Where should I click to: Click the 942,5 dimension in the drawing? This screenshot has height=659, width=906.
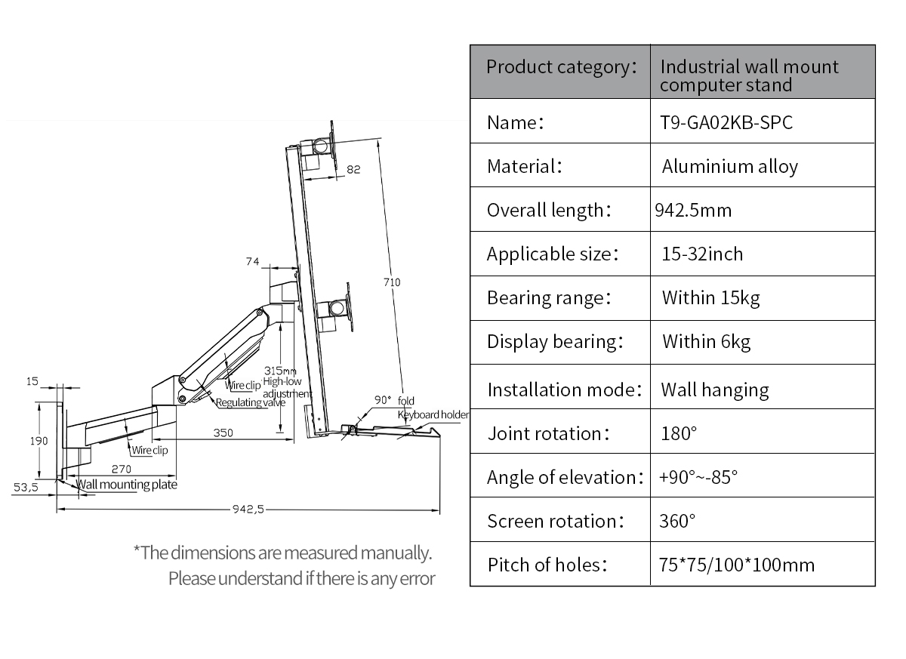click(x=248, y=509)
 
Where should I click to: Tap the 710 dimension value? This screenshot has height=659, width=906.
click(x=392, y=282)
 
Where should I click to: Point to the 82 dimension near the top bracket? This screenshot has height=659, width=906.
click(x=353, y=169)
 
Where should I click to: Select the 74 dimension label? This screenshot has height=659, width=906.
click(x=253, y=262)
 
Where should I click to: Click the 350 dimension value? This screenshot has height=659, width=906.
click(x=223, y=433)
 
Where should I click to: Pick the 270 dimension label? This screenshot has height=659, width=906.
click(x=122, y=469)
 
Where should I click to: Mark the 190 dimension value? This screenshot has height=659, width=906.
click(x=39, y=441)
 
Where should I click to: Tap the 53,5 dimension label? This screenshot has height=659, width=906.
click(x=26, y=487)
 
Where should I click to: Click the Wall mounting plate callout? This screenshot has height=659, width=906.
click(x=127, y=485)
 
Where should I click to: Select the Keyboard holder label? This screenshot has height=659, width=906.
click(x=433, y=415)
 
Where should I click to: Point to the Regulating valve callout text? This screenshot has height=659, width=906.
click(x=251, y=402)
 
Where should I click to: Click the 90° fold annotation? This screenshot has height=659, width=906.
click(x=394, y=400)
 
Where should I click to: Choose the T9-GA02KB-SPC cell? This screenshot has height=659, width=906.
click(x=726, y=122)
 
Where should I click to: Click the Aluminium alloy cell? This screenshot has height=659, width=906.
click(x=729, y=167)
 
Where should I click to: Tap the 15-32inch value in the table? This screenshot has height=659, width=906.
click(x=702, y=254)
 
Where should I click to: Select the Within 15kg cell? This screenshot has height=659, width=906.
click(x=710, y=298)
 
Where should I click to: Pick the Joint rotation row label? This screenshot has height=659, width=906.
click(x=548, y=434)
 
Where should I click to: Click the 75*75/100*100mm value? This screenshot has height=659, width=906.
click(x=737, y=565)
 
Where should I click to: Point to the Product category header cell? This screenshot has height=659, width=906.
click(x=562, y=67)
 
